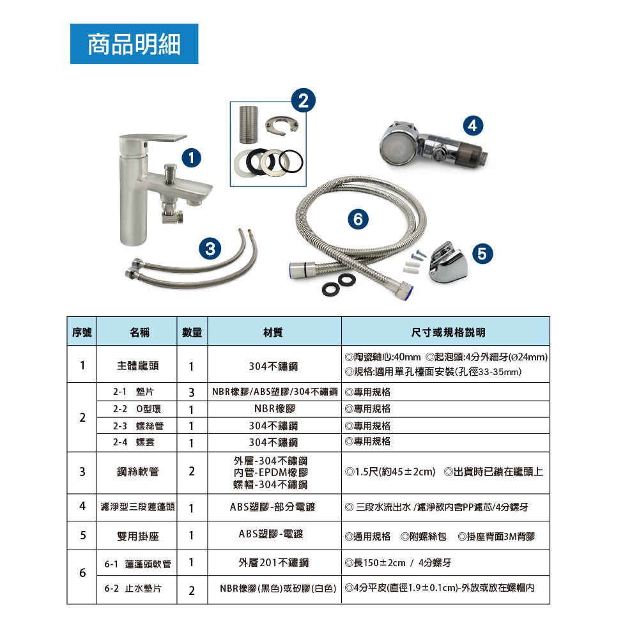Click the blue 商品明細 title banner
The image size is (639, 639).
(x=134, y=43)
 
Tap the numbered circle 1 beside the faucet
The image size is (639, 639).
(x=191, y=157)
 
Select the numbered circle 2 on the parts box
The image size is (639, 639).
(x=304, y=100)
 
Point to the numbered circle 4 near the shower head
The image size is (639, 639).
(x=473, y=125)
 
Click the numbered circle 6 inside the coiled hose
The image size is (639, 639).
(x=358, y=219)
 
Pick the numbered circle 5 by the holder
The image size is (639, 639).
(x=482, y=254)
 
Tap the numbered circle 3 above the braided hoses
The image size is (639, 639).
(x=210, y=248)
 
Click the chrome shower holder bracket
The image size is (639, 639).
(x=447, y=261)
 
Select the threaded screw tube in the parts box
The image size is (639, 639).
(x=249, y=125)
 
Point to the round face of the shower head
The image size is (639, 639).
(x=393, y=147)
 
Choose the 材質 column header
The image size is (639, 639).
(x=273, y=332)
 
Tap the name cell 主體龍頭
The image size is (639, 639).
(x=138, y=366)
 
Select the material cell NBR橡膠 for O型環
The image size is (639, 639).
(x=274, y=408)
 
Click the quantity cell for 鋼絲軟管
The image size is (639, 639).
(x=192, y=472)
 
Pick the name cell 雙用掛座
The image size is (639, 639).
(x=138, y=536)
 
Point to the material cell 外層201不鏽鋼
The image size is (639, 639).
(x=273, y=562)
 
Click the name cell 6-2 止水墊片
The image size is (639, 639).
(x=133, y=589)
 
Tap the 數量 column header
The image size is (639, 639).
(x=192, y=332)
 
